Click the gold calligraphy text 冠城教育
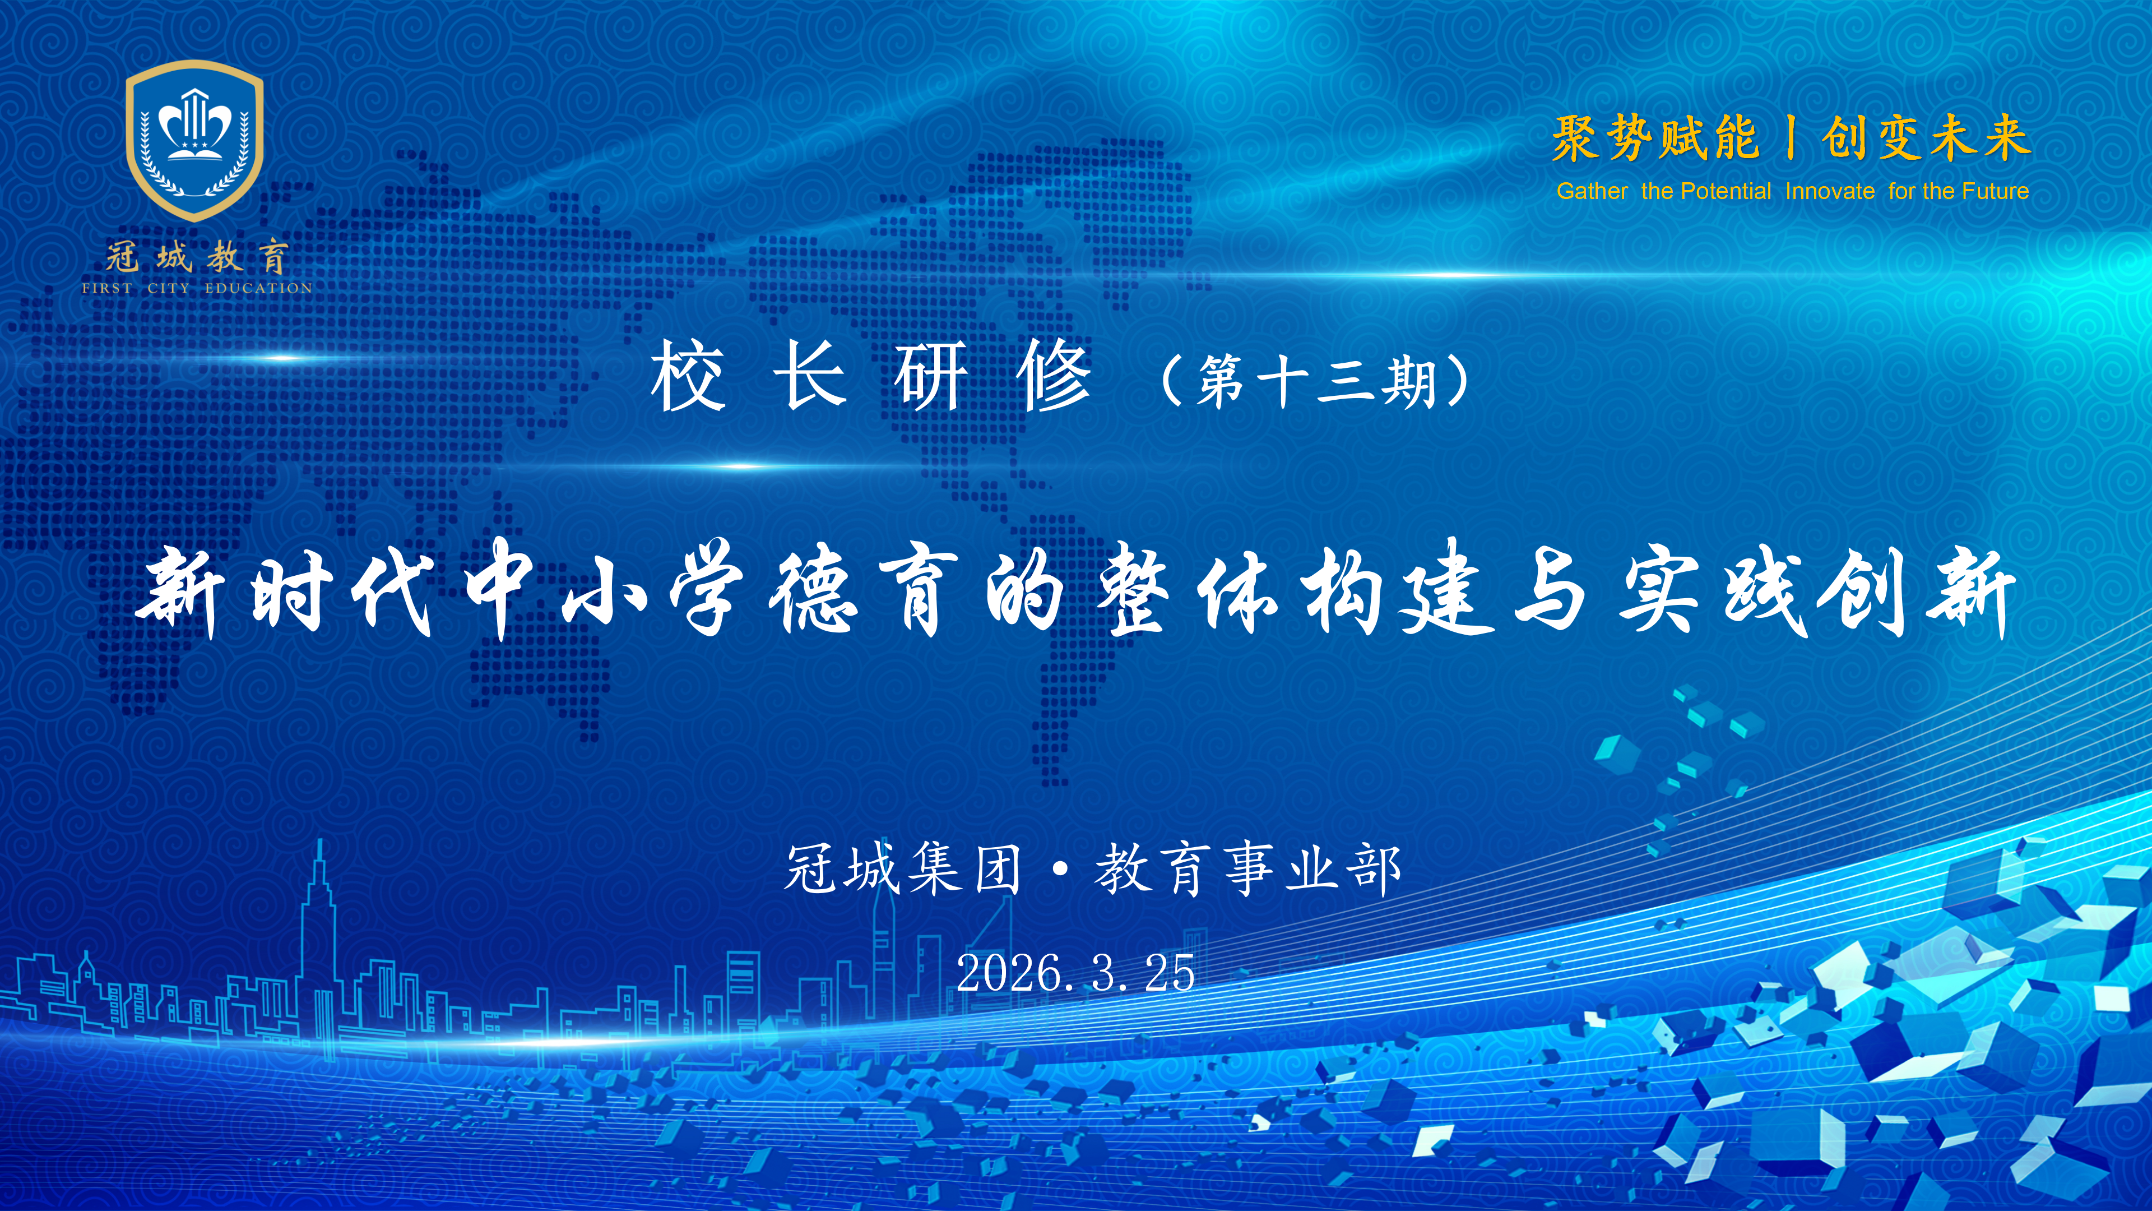(197, 257)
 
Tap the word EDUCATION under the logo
(258, 288)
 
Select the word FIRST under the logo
(107, 288)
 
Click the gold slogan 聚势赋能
(1656, 138)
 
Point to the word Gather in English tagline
(1592, 191)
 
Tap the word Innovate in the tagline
(1830, 191)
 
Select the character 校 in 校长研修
(688, 378)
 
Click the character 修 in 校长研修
(1054, 378)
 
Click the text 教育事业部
(1247, 869)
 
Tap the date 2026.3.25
(1076, 973)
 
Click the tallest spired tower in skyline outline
(318, 919)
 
